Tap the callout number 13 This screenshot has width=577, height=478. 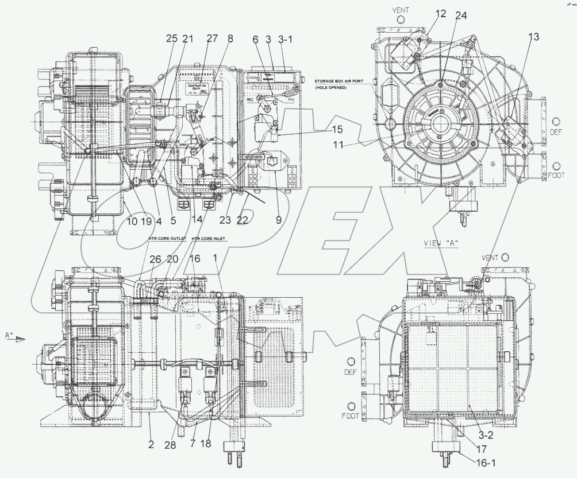pyautogui.click(x=533, y=37)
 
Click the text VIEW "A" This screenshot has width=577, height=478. pyautogui.click(x=440, y=243)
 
